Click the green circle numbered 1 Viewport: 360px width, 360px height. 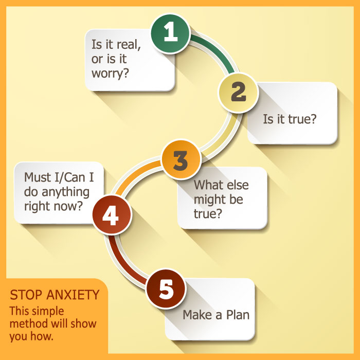click(170, 33)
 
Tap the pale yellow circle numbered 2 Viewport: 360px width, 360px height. click(238, 93)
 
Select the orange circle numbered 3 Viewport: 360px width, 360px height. click(180, 160)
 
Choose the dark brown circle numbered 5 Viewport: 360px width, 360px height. click(166, 290)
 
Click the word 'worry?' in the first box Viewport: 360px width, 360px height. click(110, 73)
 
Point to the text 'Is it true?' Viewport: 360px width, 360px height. click(290, 119)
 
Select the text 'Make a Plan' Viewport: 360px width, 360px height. click(216, 314)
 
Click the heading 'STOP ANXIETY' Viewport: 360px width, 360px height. click(55, 295)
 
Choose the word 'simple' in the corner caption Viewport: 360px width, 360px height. click(50, 311)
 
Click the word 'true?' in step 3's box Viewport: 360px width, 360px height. click(208, 212)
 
